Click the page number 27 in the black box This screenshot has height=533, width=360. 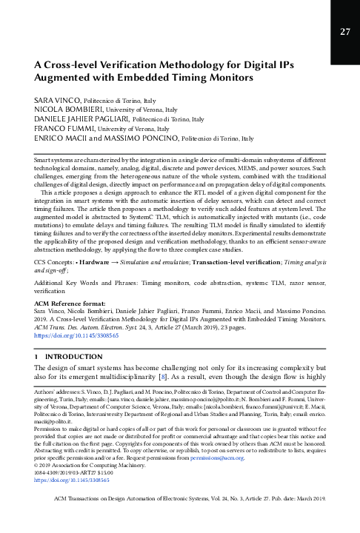pyautogui.click(x=344, y=31)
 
